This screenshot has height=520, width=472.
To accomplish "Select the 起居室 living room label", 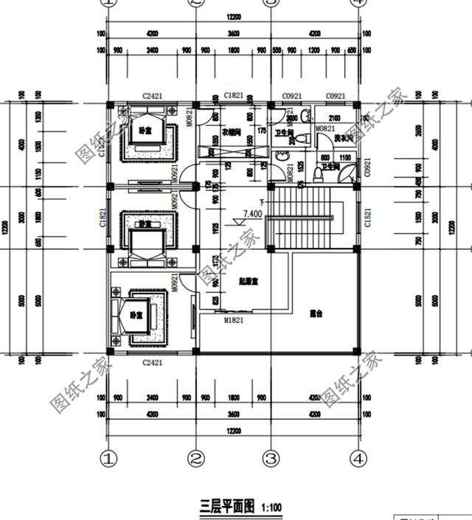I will click(x=249, y=282).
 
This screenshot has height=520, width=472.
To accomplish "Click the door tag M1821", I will click(x=234, y=321).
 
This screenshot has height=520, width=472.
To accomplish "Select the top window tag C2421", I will click(x=152, y=97).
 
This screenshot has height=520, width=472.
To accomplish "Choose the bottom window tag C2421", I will click(x=152, y=362).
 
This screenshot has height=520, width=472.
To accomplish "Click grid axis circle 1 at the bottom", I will click(x=109, y=459).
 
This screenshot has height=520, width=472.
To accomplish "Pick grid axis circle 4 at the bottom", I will click(x=358, y=459).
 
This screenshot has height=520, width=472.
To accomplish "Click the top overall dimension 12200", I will click(x=233, y=16).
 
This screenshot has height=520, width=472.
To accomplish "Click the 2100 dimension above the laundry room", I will click(x=333, y=118).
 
